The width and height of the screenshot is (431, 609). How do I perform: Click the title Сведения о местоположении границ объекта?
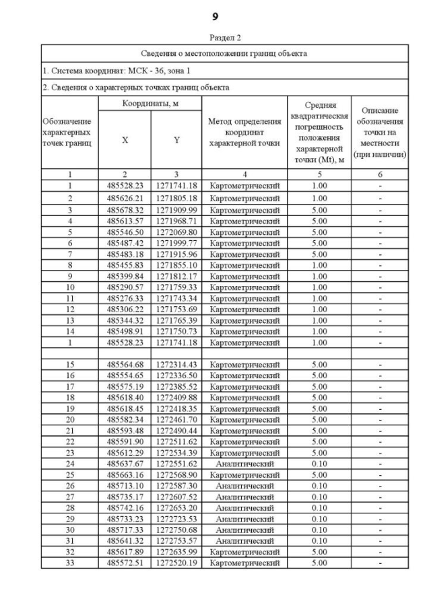pyautogui.click(x=224, y=53)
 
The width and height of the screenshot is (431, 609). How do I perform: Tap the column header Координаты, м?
pyautogui.click(x=150, y=104)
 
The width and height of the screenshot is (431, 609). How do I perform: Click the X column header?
pyautogui.click(x=125, y=140)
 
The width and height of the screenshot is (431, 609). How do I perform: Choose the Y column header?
pyautogui.click(x=176, y=140)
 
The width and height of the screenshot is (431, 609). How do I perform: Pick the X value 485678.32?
pyautogui.click(x=125, y=209)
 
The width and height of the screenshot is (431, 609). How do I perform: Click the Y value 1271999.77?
pyautogui.click(x=176, y=243)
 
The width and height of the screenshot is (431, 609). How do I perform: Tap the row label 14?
pyautogui.click(x=70, y=332)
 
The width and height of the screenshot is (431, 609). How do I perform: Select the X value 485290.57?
pyautogui.click(x=125, y=287)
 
